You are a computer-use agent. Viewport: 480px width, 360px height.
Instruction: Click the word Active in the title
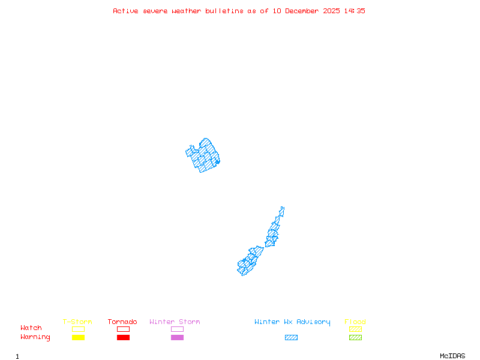(125, 11)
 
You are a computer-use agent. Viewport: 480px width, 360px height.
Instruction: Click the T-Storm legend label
(77, 322)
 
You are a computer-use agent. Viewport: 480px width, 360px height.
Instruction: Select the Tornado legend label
(122, 322)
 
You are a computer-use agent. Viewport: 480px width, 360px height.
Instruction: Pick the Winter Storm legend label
(175, 322)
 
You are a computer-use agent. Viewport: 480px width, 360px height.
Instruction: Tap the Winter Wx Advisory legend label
(292, 322)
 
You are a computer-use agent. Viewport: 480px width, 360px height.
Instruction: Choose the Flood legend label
(355, 322)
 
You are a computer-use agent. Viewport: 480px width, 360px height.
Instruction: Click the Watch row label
(31, 328)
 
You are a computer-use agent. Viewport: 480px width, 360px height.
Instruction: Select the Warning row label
(35, 337)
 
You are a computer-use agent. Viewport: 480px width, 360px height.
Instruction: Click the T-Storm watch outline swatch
(78, 329)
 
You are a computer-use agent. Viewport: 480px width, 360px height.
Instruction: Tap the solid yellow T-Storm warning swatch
(78, 337)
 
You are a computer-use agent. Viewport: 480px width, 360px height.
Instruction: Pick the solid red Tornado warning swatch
(123, 337)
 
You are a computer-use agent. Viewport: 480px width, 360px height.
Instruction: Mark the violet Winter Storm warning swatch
(177, 337)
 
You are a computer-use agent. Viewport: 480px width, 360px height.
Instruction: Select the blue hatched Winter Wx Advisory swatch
(291, 337)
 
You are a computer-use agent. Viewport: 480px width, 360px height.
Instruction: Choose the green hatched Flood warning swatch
(355, 337)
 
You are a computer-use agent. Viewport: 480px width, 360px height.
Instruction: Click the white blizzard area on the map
(284, 216)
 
